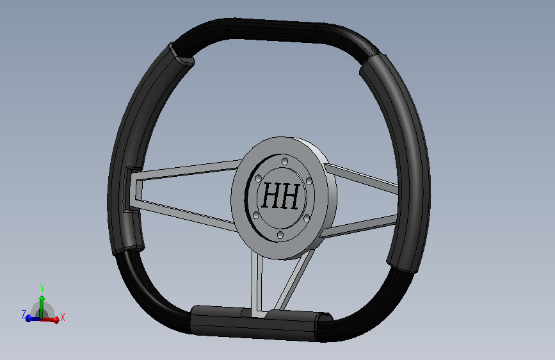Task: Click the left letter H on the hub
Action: [x=271, y=195]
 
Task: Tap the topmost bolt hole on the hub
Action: [x=285, y=161]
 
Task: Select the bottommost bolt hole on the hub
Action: [x=280, y=234]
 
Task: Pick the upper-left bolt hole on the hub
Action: [x=259, y=178]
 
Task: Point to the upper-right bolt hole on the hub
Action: [x=309, y=182]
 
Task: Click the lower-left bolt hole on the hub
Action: [x=256, y=215]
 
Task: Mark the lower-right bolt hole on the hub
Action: [x=307, y=218]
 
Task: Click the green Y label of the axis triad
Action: [x=42, y=288]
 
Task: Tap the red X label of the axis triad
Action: [x=63, y=317]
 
